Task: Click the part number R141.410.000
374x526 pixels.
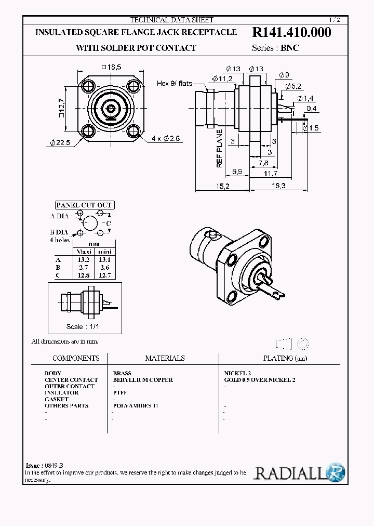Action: pyautogui.click(x=291, y=32)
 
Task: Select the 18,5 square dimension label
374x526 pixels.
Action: pyautogui.click(x=111, y=67)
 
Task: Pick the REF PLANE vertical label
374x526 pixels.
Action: pyautogui.click(x=219, y=148)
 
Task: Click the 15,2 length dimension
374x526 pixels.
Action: pyautogui.click(x=222, y=185)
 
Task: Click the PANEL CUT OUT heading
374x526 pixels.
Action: pyautogui.click(x=84, y=205)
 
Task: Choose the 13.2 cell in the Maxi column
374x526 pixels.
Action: pyautogui.click(x=84, y=259)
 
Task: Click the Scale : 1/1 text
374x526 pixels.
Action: pyautogui.click(x=82, y=326)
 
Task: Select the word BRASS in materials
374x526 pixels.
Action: pyautogui.click(x=122, y=373)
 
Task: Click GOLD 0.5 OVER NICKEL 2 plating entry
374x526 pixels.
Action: pyautogui.click(x=259, y=380)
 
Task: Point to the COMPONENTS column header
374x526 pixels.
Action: pyautogui.click(x=76, y=358)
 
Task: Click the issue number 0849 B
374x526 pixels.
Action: pyautogui.click(x=54, y=466)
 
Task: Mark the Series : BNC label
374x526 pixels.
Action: pyautogui.click(x=275, y=47)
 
